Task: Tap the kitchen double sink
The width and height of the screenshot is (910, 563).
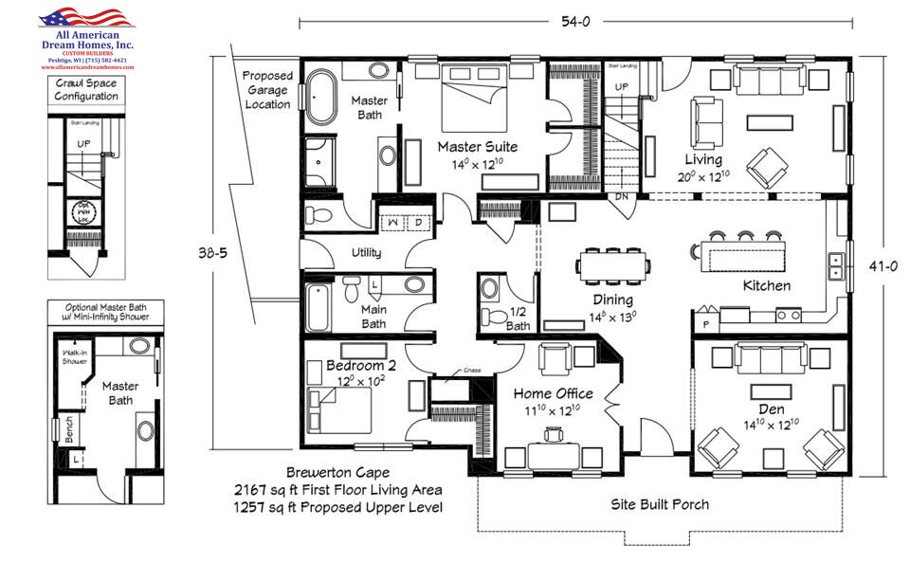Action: pyautogui.click(x=836, y=267)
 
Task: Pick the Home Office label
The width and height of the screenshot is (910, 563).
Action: pyautogui.click(x=554, y=393)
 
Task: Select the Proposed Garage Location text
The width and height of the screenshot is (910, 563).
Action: pyautogui.click(x=266, y=90)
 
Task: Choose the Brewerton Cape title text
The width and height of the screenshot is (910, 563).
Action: pyautogui.click(x=338, y=472)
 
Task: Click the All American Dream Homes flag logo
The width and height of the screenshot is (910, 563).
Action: pyautogui.click(x=86, y=18)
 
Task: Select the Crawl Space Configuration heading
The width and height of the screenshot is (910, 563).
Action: pyautogui.click(x=86, y=89)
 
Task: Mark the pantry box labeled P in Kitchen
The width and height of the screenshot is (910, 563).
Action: pyautogui.click(x=705, y=322)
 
